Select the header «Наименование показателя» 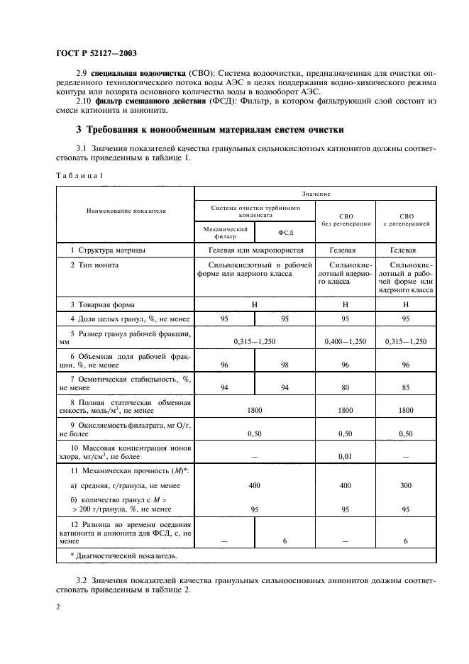click(126, 211)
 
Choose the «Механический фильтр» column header click(224, 233)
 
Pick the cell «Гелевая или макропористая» click(255, 250)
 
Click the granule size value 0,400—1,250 click(346, 341)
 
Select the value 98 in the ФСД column click(285, 365)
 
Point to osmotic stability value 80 click(346, 387)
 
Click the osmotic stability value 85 click(407, 387)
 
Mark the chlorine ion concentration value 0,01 click(346, 457)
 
